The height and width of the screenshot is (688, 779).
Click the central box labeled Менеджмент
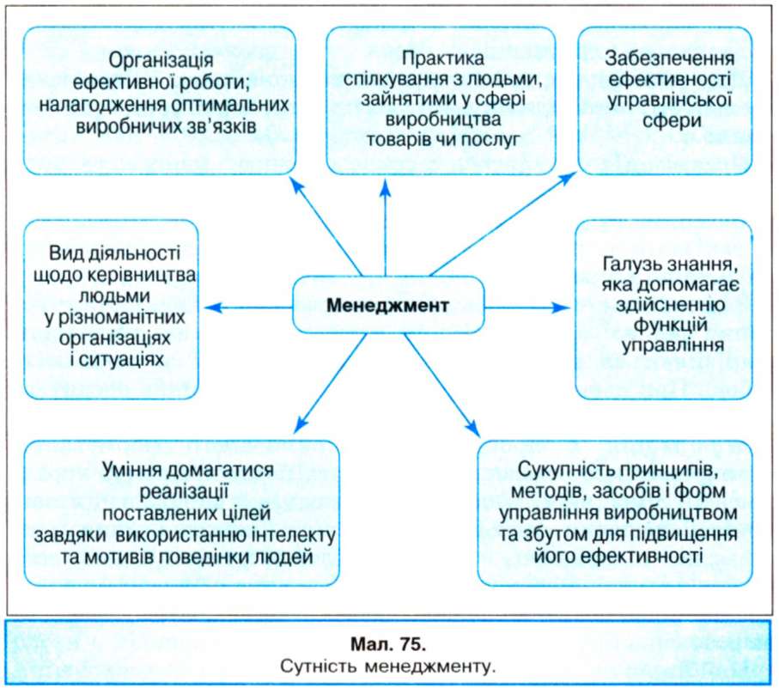tap(388, 305)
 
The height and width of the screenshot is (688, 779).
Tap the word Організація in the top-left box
tap(161, 61)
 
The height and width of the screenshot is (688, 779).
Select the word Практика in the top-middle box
tap(442, 58)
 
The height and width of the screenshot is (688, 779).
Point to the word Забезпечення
tap(669, 59)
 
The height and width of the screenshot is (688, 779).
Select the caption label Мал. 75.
tap(388, 644)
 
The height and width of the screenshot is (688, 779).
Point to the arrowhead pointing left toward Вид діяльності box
tap(213, 308)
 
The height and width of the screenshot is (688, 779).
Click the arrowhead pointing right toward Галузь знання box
tap(561, 308)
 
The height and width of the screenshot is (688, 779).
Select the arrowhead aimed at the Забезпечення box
tap(568, 179)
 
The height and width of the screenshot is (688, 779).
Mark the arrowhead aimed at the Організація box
tap(296, 186)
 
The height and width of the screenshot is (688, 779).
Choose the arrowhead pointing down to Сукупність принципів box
tap(472, 429)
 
